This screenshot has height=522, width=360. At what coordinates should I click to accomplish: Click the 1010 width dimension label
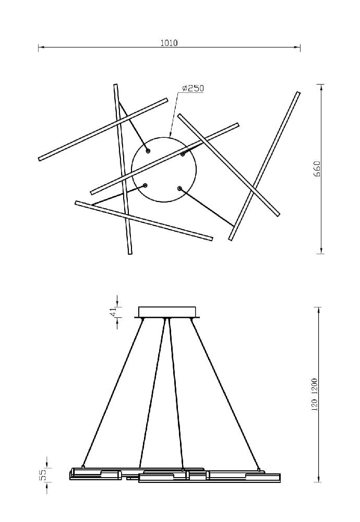pos(169,43)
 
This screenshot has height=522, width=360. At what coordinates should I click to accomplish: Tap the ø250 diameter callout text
pos(193,88)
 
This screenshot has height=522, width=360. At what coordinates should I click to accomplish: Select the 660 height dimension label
pos(317,169)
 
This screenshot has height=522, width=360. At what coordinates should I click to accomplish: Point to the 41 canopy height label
pos(113,312)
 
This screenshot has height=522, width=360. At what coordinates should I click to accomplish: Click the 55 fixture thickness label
pos(43,476)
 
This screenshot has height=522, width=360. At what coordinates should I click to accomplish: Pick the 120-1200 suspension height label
pos(315,395)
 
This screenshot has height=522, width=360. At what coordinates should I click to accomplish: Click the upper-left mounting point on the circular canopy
pos(148,151)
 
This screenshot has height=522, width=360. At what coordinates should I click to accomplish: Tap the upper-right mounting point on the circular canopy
pos(183,154)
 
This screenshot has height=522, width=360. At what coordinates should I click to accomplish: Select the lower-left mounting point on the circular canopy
pos(145,185)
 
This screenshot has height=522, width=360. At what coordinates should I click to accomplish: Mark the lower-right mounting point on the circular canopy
pos(179,188)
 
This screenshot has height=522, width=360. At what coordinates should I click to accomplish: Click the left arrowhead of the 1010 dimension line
pos(41,48)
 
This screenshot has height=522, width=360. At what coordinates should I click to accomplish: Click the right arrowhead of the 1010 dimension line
pos(298,48)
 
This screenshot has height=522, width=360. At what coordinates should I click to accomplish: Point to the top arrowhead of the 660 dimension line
pos(321,88)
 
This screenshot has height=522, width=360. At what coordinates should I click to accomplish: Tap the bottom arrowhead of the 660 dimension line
pos(321,251)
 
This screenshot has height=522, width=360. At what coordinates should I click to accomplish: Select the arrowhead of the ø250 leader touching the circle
pos(171,135)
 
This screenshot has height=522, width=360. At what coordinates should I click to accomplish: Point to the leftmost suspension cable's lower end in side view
pos(83,467)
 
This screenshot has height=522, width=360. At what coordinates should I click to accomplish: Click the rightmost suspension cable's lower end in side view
pos(258,470)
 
